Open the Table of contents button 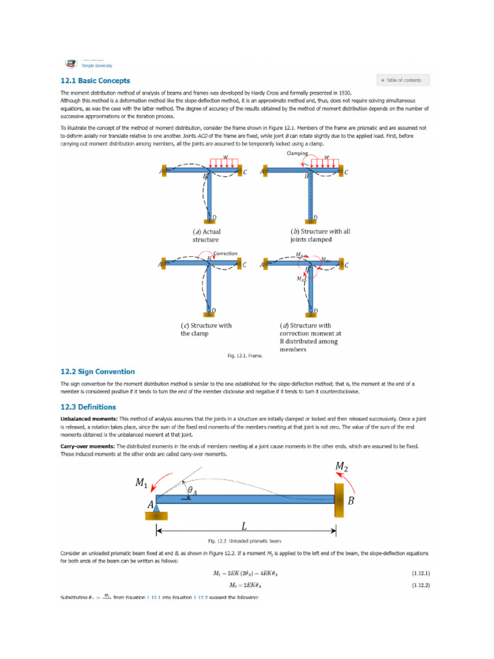pos(403,80)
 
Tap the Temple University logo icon pos(70,63)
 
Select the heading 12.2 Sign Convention pos(97,371)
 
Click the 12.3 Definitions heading pos(88,407)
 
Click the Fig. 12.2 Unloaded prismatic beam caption pos(245,541)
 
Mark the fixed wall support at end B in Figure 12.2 pos(338,499)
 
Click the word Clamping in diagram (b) pos(297,154)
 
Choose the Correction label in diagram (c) pos(225,254)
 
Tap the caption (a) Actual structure pos(206,235)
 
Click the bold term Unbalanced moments pos(88,419)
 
